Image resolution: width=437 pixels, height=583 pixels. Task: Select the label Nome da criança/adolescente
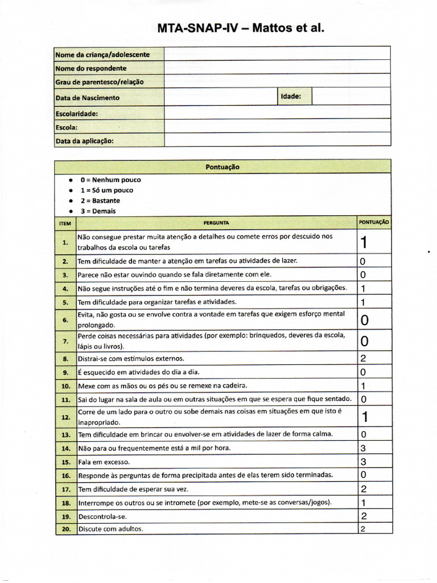click(x=103, y=55)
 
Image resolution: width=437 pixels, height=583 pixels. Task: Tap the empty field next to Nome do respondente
click(x=277, y=68)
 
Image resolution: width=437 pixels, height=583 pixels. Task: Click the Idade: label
click(x=291, y=97)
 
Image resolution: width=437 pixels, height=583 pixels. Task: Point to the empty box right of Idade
click(x=351, y=97)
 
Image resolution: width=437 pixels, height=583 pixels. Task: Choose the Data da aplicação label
click(x=84, y=140)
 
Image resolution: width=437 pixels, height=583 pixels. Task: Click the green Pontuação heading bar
click(x=222, y=167)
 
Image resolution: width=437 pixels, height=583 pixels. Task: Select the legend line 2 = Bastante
click(x=100, y=200)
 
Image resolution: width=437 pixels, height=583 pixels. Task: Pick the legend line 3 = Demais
click(x=98, y=211)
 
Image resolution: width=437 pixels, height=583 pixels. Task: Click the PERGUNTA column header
click(x=216, y=223)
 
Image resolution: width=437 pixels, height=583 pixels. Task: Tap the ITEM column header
click(x=65, y=223)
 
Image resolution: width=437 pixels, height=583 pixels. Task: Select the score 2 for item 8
click(x=363, y=359)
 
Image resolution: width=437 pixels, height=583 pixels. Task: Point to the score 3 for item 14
click(x=363, y=448)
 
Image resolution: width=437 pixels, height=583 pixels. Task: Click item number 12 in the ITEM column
click(x=65, y=417)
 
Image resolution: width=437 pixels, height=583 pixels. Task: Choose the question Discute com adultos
click(x=111, y=529)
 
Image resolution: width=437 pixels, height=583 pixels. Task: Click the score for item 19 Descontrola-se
click(x=363, y=516)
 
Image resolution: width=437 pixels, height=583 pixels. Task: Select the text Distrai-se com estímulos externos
click(x=131, y=359)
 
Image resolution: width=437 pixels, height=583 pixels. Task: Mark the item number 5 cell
click(x=65, y=302)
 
